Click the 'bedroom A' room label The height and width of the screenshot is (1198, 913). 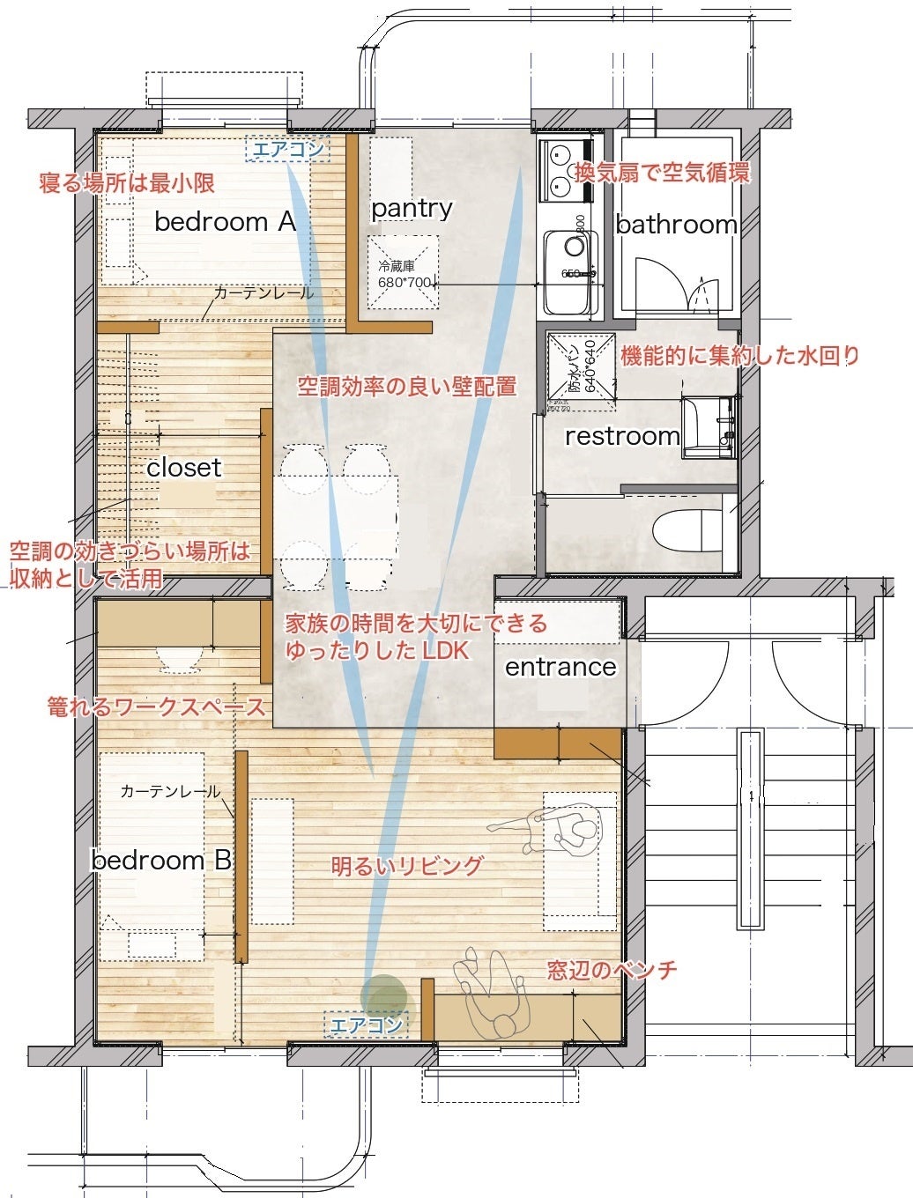tap(225, 221)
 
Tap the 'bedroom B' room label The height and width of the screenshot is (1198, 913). tap(161, 860)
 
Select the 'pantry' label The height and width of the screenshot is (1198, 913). tap(412, 209)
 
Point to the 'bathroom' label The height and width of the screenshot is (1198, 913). tap(676, 225)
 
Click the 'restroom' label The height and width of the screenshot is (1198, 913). tap(622, 436)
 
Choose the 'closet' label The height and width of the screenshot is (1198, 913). tap(184, 468)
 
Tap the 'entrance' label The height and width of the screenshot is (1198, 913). tap(560, 667)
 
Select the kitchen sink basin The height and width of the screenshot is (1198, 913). tap(570, 271)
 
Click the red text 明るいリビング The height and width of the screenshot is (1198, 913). tap(407, 866)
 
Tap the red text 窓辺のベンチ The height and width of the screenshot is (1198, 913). tap(612, 971)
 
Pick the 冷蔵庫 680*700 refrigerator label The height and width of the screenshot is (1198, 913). tap(405, 274)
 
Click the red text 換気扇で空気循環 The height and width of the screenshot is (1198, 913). tap(662, 173)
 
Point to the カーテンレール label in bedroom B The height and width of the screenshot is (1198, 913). tap(170, 791)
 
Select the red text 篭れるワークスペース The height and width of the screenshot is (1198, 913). tap(156, 706)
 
